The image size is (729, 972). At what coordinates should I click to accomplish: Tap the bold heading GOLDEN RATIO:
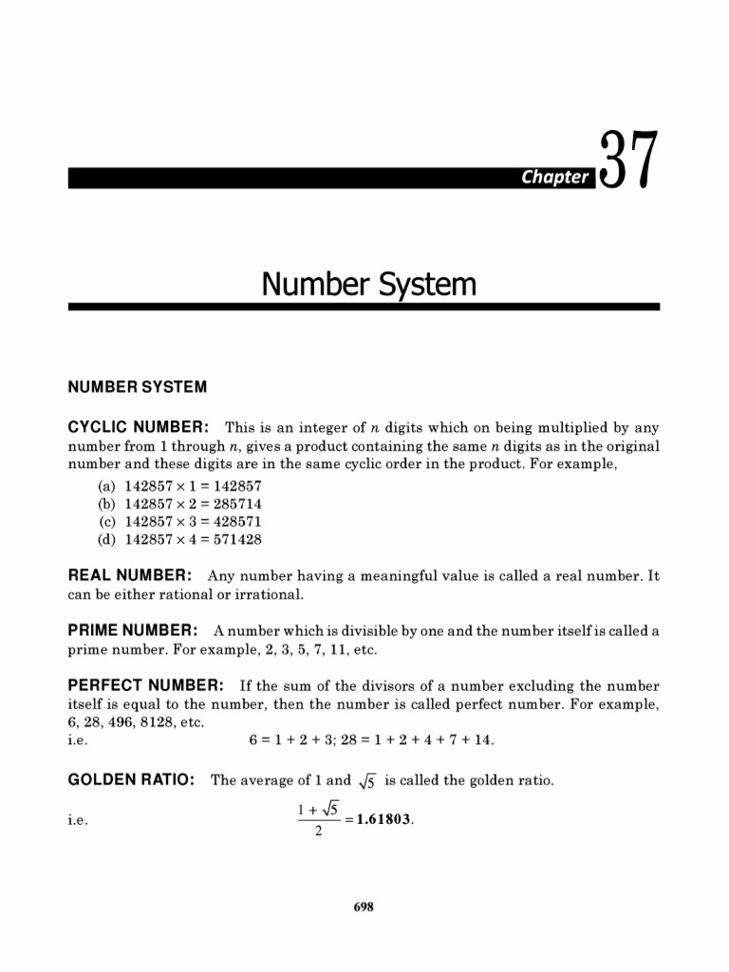pyautogui.click(x=132, y=780)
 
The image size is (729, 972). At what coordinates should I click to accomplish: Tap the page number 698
pyautogui.click(x=364, y=907)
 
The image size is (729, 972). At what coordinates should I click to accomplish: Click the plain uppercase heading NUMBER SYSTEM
pyautogui.click(x=137, y=387)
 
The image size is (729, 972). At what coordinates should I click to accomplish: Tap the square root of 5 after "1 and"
pyautogui.click(x=368, y=781)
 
